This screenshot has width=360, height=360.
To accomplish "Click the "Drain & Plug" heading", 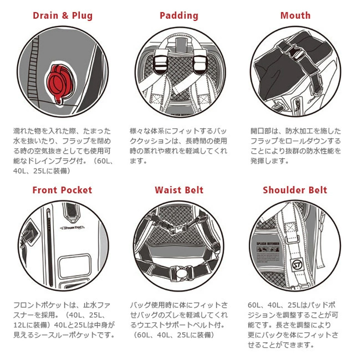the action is pyautogui.click(x=62, y=16).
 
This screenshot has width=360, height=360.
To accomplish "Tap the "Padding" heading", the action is pyautogui.click(x=179, y=16).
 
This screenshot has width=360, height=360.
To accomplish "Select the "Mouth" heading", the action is pyautogui.click(x=295, y=16).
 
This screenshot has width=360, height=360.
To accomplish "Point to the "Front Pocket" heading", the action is pyautogui.click(x=62, y=190).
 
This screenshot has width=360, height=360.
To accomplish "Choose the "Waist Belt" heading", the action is pyautogui.click(x=179, y=190).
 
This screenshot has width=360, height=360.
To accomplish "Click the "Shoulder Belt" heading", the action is pyautogui.click(x=295, y=190).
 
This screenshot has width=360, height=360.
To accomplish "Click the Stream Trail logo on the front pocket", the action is pyautogui.click(x=72, y=228).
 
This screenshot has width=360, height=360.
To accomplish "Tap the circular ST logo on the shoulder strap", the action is pyautogui.click(x=297, y=264).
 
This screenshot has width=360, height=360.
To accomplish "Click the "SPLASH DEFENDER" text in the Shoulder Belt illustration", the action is pyautogui.click(x=268, y=243).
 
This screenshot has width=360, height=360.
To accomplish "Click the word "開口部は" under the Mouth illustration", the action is pyautogui.click(x=264, y=131).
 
